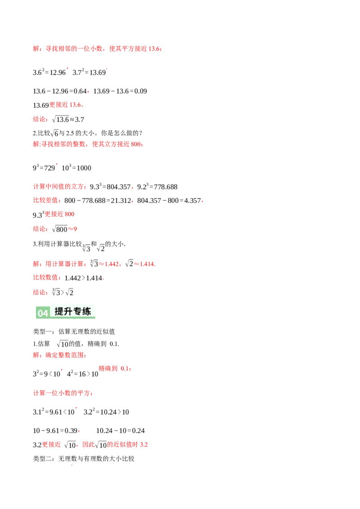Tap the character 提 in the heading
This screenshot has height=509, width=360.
pyautogui.click(x=59, y=311)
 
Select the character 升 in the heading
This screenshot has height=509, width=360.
pyautogui.click(x=70, y=311)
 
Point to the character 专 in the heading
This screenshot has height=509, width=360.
pyautogui.click(x=80, y=311)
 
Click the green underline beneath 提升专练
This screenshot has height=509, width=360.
pyautogui.click(x=72, y=317)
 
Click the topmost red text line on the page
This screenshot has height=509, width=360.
pyautogui.click(x=97, y=49)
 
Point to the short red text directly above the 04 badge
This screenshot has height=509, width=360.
pyautogui.click(x=40, y=293)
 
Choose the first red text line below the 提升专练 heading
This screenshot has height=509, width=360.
pyautogui.click(x=59, y=355)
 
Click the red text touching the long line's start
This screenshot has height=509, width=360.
pyautogui.click(x=127, y=444)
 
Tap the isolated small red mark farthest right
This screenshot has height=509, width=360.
pyautogui.click(x=202, y=201)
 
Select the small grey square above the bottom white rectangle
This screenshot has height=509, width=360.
pyautogui.click(x=74, y=466)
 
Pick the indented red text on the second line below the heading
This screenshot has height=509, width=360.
pyautogui.click(x=114, y=369)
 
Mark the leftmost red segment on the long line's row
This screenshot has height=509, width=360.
pyautogui.click(x=51, y=444)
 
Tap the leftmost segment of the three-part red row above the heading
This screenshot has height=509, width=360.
pyautogui.click(x=59, y=264)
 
